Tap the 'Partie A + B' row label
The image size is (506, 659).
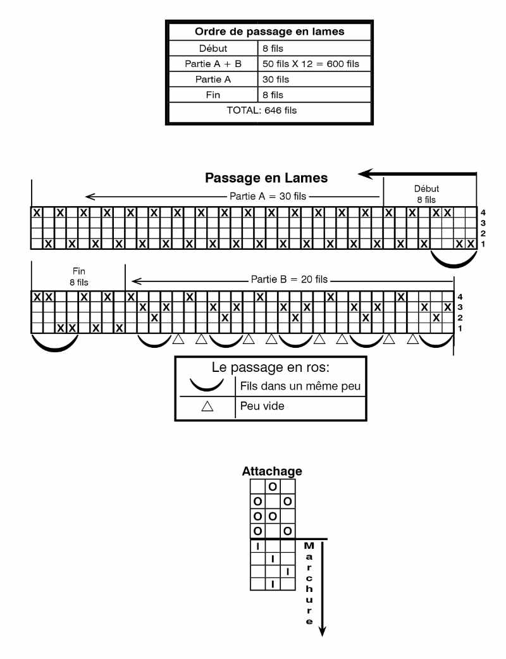(212, 64)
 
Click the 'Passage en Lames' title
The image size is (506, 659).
(266, 178)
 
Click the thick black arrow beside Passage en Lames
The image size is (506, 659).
(417, 173)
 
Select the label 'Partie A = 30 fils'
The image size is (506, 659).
(268, 196)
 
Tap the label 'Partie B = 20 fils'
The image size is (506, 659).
(289, 279)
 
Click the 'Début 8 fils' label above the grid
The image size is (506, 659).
(426, 194)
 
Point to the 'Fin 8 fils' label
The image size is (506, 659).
(78, 277)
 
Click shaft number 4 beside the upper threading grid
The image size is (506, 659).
(483, 212)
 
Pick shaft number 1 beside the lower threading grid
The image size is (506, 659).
(460, 328)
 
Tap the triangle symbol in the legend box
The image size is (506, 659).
(207, 406)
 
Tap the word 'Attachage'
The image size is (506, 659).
(272, 471)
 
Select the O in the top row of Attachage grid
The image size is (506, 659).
(273, 486)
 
